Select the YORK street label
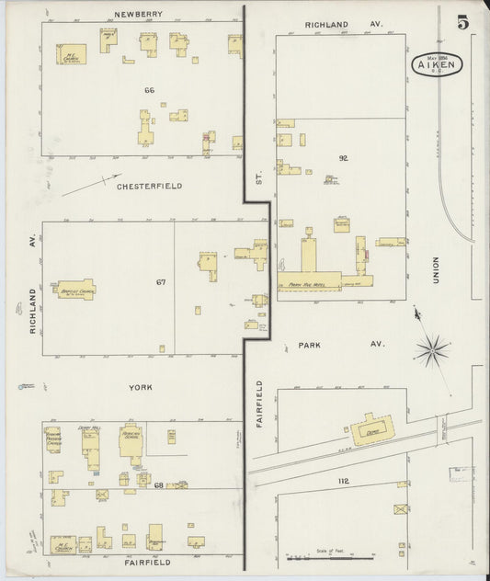[x=141, y=388]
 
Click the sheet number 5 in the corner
[x=462, y=22]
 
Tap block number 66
[x=149, y=90]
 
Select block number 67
[x=161, y=282]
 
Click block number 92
[x=343, y=158]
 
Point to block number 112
[x=345, y=481]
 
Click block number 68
[x=158, y=484]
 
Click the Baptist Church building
[x=75, y=290]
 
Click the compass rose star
[x=431, y=348]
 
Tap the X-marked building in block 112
[x=398, y=509]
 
